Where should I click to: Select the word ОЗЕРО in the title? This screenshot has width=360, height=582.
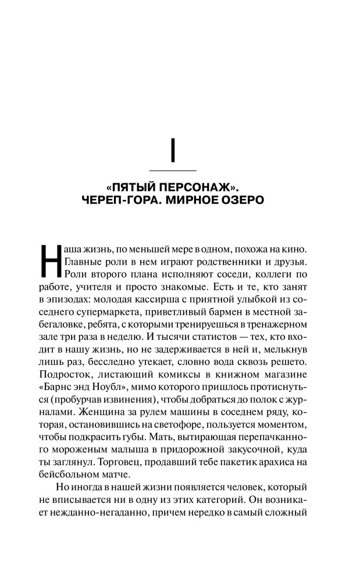pos(241,200)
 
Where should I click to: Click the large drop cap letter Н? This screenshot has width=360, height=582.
pos(49,261)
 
